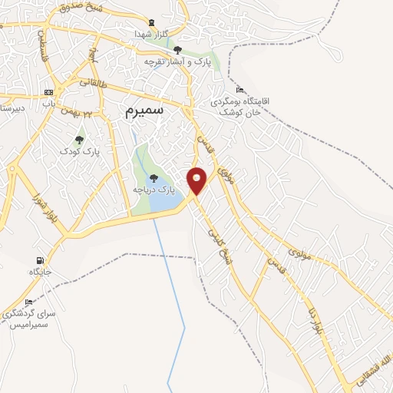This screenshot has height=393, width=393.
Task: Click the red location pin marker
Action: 197,180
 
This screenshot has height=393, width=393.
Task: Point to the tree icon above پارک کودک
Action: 80,140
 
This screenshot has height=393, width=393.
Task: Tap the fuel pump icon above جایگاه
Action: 40,260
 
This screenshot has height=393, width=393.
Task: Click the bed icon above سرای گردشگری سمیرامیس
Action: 29,302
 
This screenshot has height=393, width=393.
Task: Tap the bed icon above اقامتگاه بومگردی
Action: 239,90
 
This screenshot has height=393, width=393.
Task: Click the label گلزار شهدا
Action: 150,35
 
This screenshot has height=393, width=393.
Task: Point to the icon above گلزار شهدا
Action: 151,21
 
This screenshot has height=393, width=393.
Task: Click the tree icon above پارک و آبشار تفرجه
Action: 178,50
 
